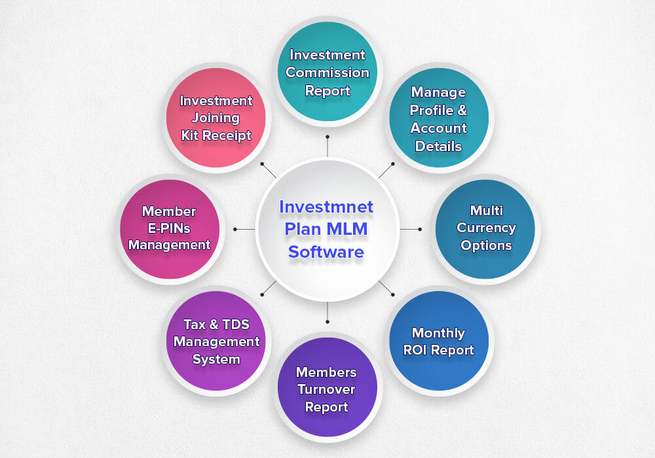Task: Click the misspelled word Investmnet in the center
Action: click(x=326, y=207)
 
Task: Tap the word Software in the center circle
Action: click(x=326, y=251)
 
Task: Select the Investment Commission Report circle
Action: click(x=327, y=72)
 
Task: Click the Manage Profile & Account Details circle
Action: click(x=438, y=118)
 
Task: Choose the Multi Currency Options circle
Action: click(x=485, y=228)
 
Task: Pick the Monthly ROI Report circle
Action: click(x=439, y=341)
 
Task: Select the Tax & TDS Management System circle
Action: click(x=216, y=341)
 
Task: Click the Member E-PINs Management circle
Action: click(x=170, y=228)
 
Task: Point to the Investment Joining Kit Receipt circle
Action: click(x=216, y=118)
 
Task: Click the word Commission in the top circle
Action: click(x=327, y=73)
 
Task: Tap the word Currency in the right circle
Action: click(x=486, y=228)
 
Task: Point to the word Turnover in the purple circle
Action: click(x=326, y=389)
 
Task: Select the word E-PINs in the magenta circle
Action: click(x=169, y=228)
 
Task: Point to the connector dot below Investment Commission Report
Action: click(x=327, y=137)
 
